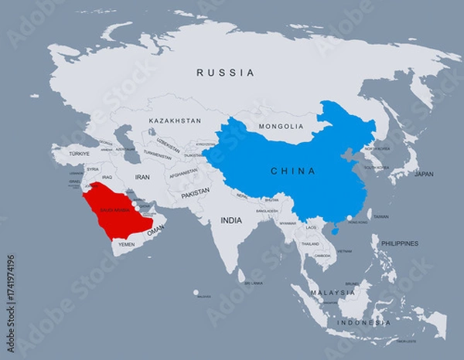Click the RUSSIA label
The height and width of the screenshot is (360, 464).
click(x=225, y=73)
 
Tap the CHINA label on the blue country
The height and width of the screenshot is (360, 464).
click(x=292, y=171)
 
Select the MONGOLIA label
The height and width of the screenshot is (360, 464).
click(x=281, y=126)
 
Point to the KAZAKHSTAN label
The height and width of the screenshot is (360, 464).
click(x=175, y=121)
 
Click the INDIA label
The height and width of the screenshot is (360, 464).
click(x=230, y=220)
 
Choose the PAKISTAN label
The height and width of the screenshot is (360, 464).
click(x=196, y=191)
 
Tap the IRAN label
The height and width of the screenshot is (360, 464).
click(x=142, y=177)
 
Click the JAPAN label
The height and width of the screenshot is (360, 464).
click(x=424, y=174)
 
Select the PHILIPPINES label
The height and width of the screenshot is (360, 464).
click(x=399, y=243)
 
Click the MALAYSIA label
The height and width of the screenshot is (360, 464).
click(x=333, y=293)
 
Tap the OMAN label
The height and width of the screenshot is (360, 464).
click(x=155, y=230)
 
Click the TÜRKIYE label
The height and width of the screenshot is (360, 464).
click(x=80, y=154)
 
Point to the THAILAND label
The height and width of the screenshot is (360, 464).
click(x=310, y=243)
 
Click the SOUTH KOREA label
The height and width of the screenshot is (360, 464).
click(x=377, y=167)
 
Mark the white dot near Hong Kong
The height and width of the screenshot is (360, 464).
click(x=349, y=218)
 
